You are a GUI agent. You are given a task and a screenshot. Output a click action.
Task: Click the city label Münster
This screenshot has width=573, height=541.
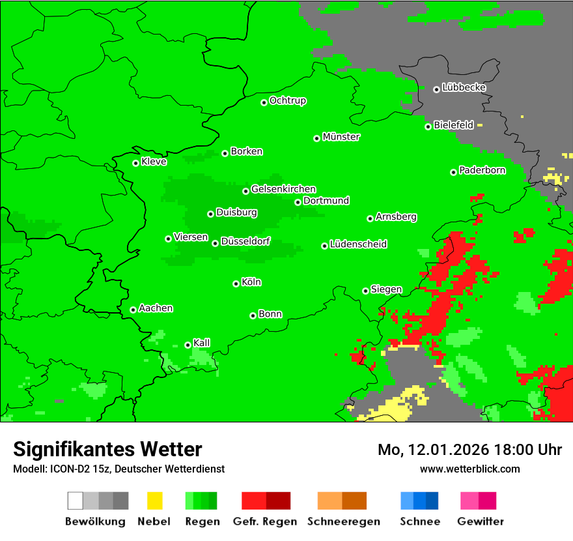click(x=341, y=137)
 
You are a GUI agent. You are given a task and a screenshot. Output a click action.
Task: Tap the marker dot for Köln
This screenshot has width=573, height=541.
click(x=236, y=284)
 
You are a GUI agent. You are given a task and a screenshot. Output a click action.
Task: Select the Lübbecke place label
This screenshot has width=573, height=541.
click(x=464, y=87)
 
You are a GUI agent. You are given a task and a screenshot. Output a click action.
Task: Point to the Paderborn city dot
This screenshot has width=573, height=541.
click(x=453, y=172)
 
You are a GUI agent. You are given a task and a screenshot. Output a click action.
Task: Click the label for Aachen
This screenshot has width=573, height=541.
click(x=156, y=308)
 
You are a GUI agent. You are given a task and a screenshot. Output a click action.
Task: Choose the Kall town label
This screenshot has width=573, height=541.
click(x=202, y=343)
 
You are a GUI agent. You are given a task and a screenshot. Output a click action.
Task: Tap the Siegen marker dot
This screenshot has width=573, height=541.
click(x=365, y=291)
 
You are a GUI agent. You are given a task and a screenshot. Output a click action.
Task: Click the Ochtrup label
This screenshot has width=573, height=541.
click(x=288, y=101)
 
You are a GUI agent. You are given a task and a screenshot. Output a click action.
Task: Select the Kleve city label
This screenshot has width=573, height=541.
click(x=154, y=162)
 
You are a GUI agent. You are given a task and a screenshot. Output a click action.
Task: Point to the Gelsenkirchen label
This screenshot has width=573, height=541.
click(x=283, y=189)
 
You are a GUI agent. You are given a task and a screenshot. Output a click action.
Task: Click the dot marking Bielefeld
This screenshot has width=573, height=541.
click(x=428, y=126)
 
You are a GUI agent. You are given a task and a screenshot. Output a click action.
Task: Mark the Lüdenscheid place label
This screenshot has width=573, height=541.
click(x=358, y=244)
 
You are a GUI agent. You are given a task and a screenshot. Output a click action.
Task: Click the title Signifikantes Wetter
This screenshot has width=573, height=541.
click(x=107, y=449)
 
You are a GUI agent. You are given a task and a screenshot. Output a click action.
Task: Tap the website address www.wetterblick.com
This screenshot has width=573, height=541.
click(x=469, y=469)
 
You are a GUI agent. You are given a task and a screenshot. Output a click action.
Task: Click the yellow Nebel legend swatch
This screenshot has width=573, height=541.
click(x=154, y=501)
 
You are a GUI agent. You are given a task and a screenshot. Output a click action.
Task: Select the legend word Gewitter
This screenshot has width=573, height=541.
click(x=480, y=521)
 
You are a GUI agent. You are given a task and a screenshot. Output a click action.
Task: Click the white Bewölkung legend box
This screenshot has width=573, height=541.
click(x=75, y=501)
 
